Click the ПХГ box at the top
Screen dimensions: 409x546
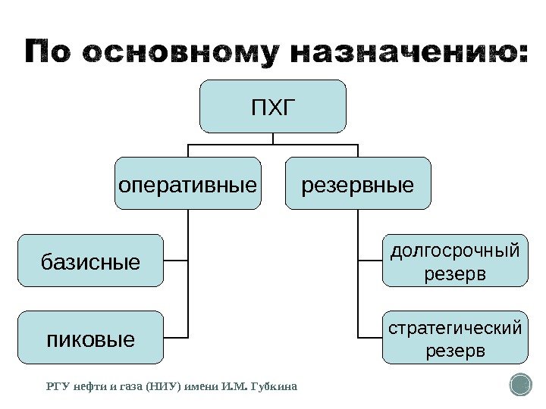coord(273,107)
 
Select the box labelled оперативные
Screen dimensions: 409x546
coord(187,183)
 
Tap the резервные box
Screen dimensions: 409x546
coord(358,183)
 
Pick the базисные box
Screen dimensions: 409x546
coord(90,261)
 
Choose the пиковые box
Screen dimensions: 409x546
coord(90,337)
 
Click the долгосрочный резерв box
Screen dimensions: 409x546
coord(455,261)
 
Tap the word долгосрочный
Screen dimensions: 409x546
coord(455,251)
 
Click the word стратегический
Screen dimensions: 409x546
coord(455,328)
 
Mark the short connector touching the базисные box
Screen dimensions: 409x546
coord(176,261)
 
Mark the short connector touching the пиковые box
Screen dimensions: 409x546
coord(176,336)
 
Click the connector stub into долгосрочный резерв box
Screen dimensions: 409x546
coord(370,261)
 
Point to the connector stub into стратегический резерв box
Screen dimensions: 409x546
coord(370,336)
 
